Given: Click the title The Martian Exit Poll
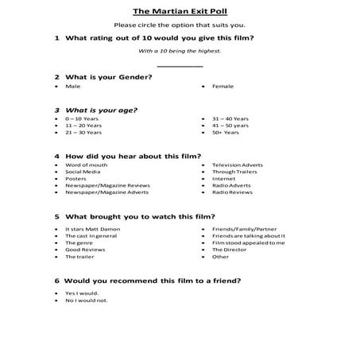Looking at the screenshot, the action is click(x=180, y=11).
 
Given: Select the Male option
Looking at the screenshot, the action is click(x=73, y=86).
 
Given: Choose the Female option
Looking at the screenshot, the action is click(x=223, y=86).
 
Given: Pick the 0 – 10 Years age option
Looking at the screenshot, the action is click(x=80, y=118).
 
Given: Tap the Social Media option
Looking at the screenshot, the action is click(x=83, y=172).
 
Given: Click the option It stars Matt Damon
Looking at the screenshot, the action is click(x=90, y=229).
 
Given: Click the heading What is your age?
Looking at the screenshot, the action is click(x=102, y=110).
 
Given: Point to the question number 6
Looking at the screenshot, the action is click(x=56, y=281).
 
